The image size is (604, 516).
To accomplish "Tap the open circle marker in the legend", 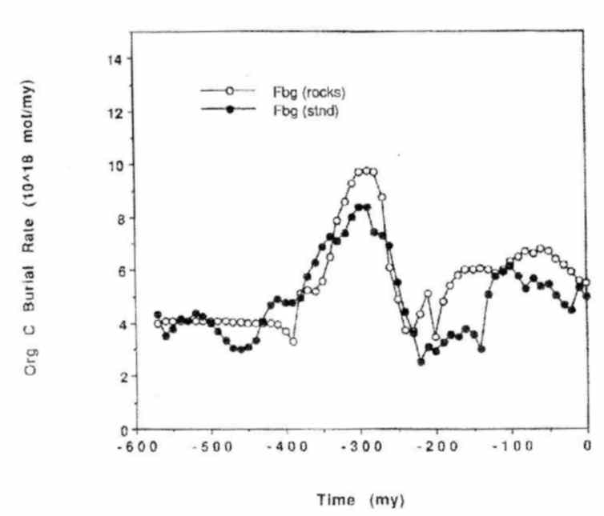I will click(x=230, y=92).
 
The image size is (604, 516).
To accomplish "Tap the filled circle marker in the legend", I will click(x=230, y=110).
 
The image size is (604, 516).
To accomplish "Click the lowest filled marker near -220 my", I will click(x=421, y=362).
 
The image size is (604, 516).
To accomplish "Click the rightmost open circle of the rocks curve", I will click(x=587, y=282).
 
